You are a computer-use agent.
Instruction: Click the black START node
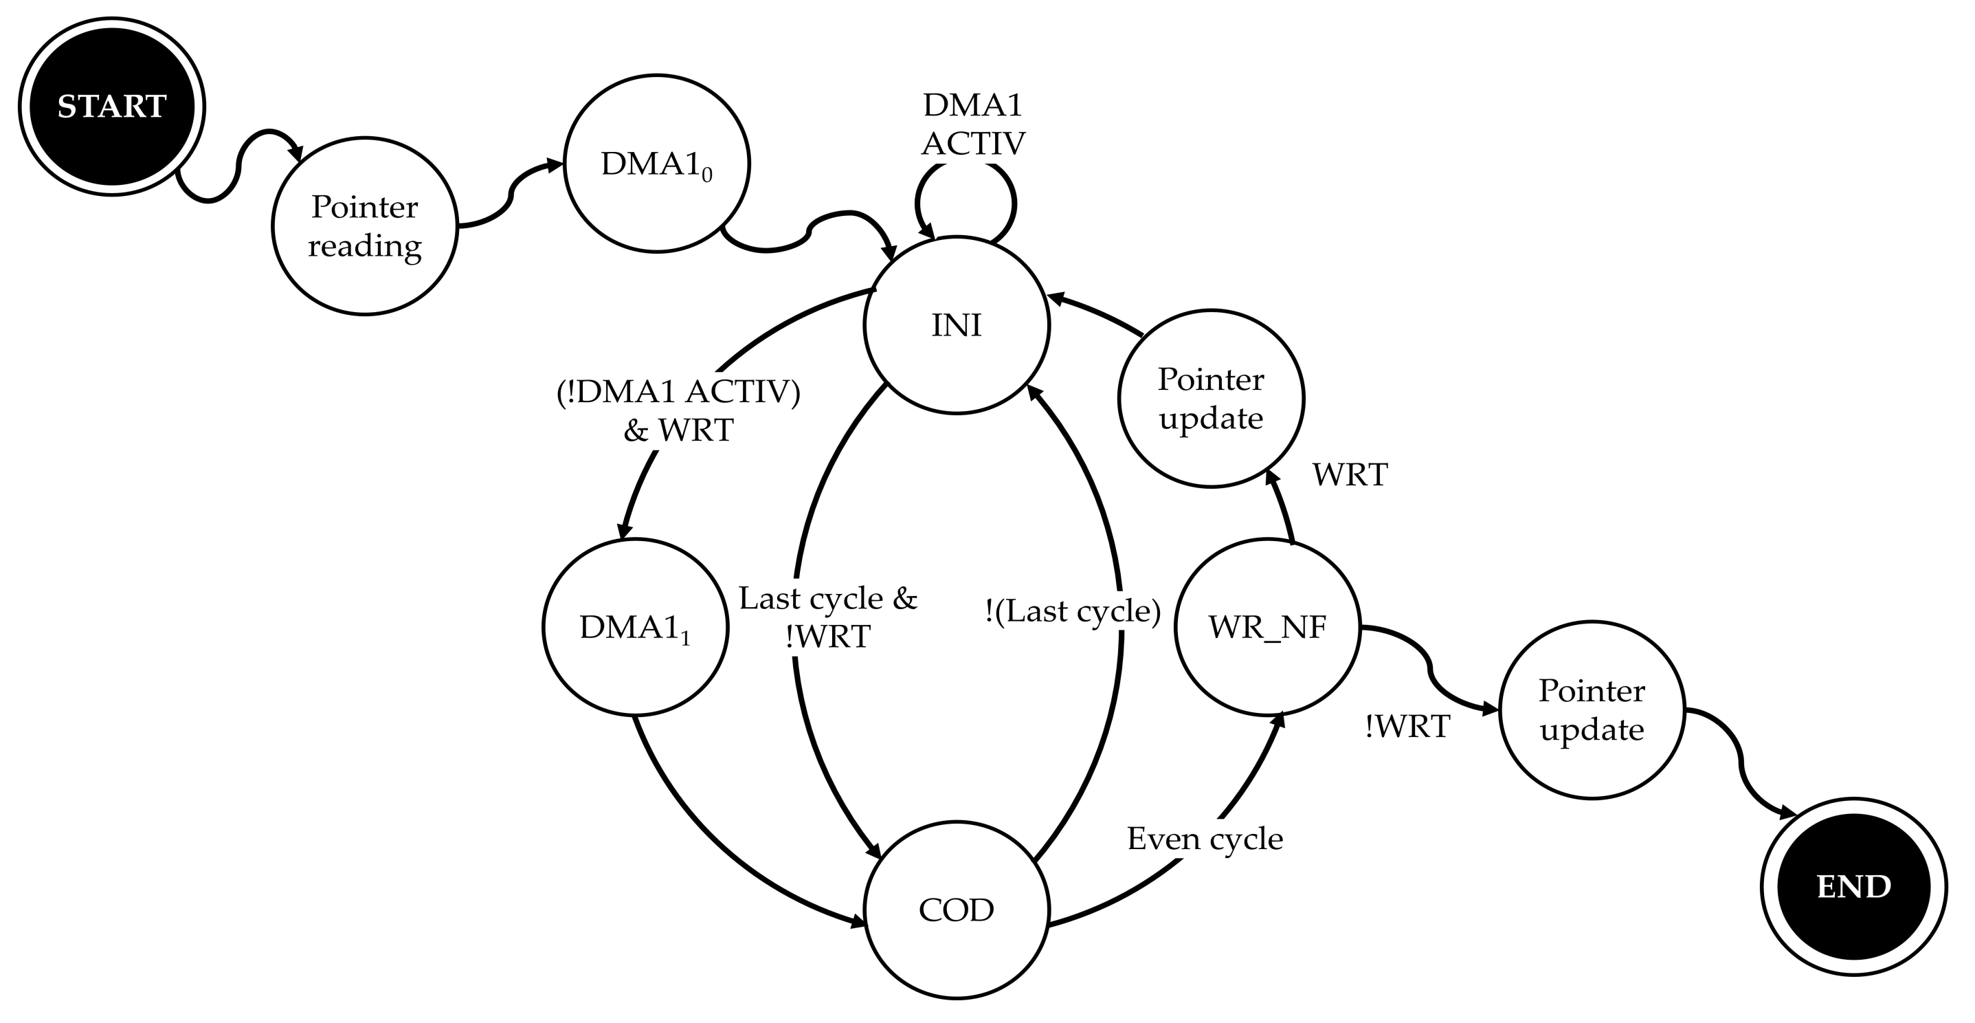(x=112, y=107)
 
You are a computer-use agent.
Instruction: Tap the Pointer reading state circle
(x=365, y=226)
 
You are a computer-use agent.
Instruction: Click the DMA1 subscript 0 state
(x=657, y=164)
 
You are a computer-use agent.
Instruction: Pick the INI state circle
(x=956, y=325)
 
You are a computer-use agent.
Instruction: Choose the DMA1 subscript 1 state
(x=635, y=627)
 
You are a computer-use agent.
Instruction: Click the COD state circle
(x=956, y=910)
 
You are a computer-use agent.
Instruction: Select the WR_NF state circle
(x=1267, y=627)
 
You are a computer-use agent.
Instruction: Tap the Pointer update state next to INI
(x=1211, y=399)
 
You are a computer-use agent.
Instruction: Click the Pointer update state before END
(x=1592, y=710)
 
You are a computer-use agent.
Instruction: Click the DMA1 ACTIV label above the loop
(x=973, y=124)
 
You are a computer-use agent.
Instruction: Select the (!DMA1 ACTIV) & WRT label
(x=678, y=410)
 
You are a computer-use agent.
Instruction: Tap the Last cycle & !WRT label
(x=828, y=617)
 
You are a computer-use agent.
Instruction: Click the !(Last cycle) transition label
(x=1073, y=611)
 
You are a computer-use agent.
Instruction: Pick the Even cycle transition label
(x=1205, y=839)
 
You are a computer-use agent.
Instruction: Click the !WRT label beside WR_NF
(x=1407, y=726)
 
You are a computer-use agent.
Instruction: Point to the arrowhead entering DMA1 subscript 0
(x=555, y=165)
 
